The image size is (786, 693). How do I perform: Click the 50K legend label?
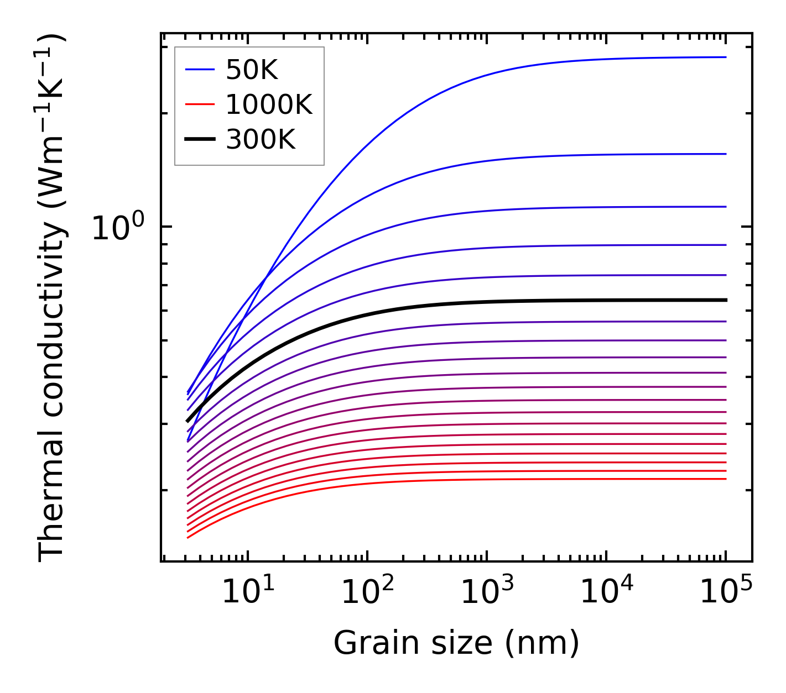point(252,70)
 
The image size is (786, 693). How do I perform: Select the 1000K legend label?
point(269,104)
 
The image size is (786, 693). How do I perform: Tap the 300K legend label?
point(261,140)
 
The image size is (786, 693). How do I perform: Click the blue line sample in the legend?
point(199,70)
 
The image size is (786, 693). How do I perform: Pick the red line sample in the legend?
point(199,104)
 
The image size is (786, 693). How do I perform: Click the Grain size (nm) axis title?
point(456,643)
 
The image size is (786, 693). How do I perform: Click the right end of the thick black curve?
point(725,300)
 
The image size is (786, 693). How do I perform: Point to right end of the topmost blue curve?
point(725,57)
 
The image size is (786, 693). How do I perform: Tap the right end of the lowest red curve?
point(725,479)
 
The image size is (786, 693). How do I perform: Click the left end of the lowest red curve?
point(189,537)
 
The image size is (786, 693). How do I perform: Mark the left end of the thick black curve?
point(188,421)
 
